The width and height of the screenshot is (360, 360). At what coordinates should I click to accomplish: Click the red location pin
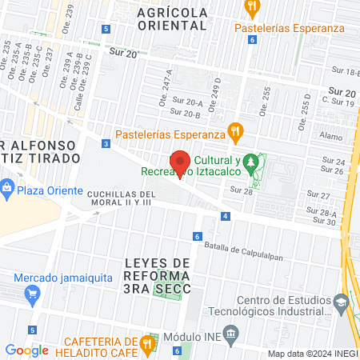(x=181, y=162)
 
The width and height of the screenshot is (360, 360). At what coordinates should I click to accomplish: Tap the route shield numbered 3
(x=106, y=144)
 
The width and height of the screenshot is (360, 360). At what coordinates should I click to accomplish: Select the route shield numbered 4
(x=227, y=216)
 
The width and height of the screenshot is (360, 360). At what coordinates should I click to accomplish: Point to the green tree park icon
(x=252, y=163)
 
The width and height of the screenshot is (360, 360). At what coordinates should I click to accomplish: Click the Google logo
(x=26, y=350)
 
